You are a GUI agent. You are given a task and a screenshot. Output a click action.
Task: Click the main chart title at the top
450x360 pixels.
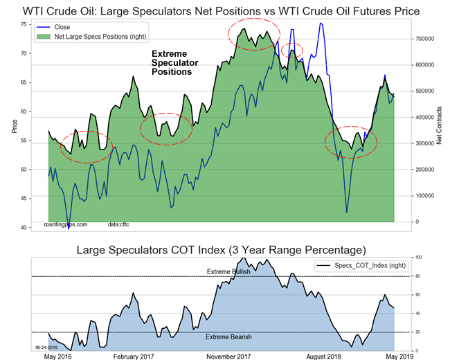[x=222, y=11]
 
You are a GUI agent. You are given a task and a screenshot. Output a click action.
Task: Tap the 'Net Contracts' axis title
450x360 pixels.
[x=440, y=126]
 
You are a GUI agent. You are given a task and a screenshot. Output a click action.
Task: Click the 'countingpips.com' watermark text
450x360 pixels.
[x=65, y=225]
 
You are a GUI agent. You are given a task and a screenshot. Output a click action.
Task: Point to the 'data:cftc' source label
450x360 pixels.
[x=118, y=225]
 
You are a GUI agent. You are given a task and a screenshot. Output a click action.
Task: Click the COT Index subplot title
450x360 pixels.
[x=222, y=249]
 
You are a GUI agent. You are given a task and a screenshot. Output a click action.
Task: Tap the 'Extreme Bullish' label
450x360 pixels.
[x=228, y=271]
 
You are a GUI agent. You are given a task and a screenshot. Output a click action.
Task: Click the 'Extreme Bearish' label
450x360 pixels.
[x=228, y=337]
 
